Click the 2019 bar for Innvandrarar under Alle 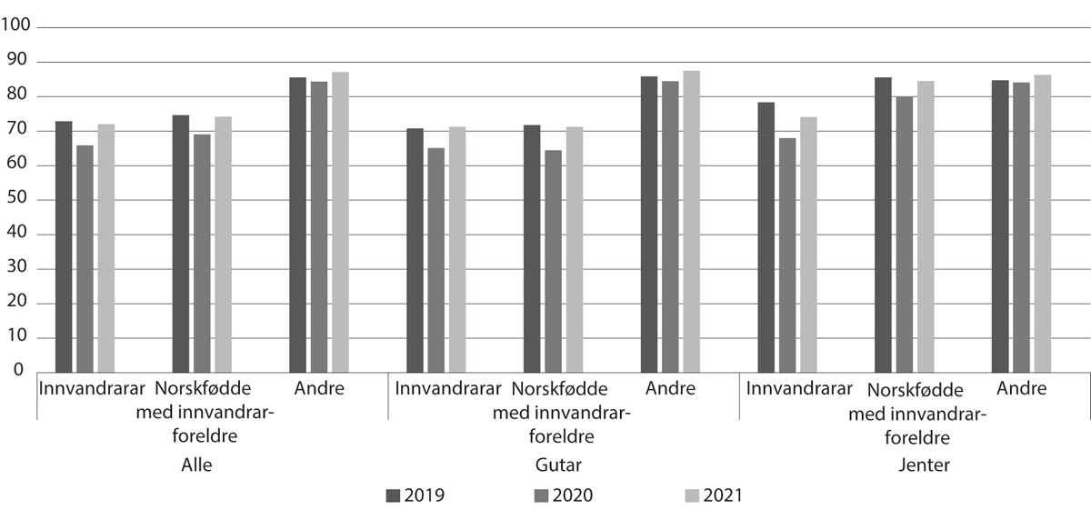(x=64, y=246)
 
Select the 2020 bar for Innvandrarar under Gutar (x=436, y=260)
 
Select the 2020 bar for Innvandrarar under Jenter (x=787, y=255)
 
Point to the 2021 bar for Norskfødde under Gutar (x=575, y=249)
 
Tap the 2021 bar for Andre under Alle (x=340, y=222)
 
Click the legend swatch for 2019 (x=394, y=495)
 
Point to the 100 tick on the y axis (x=16, y=27)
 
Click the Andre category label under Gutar (x=670, y=389)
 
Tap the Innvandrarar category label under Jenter (x=799, y=389)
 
